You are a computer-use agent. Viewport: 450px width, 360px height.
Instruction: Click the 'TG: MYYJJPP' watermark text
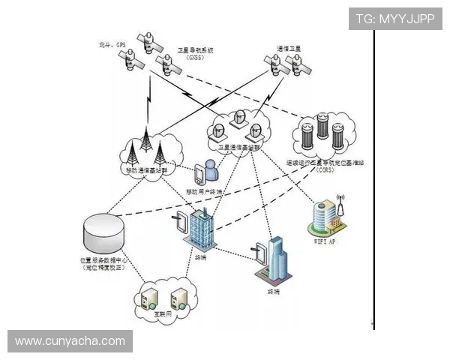click(395, 19)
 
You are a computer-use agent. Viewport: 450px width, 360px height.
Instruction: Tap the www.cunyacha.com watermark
click(70, 341)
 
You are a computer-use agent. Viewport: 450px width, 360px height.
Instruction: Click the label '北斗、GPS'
click(112, 45)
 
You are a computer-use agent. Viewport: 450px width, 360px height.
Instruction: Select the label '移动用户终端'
click(205, 191)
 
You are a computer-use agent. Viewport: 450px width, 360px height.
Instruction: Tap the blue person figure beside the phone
click(212, 172)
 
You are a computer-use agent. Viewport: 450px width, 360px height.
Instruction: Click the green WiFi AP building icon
click(329, 217)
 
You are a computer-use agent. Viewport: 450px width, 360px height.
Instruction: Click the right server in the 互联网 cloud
click(178, 298)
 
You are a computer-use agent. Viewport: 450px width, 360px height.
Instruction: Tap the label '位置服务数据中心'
click(104, 259)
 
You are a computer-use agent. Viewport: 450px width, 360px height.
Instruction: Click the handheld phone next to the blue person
click(199, 174)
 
